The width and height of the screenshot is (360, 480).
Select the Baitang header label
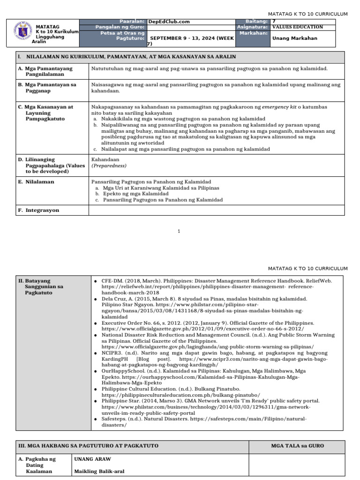point(257,22)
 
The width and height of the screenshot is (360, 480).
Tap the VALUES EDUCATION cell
point(298,27)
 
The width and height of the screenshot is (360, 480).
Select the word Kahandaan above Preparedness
point(105,159)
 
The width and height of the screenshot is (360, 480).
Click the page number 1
point(180,231)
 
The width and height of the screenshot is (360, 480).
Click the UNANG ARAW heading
point(92,459)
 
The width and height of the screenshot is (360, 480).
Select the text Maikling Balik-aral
point(99,472)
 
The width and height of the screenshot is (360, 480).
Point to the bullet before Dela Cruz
point(96,299)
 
